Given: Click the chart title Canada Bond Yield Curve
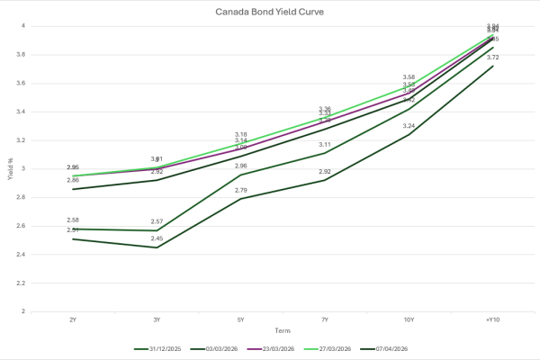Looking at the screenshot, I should pyautogui.click(x=269, y=12).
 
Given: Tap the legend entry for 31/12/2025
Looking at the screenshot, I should pyautogui.click(x=162, y=347).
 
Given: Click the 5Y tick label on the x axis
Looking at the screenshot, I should pyautogui.click(x=241, y=319).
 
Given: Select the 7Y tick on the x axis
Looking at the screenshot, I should pyautogui.click(x=325, y=319).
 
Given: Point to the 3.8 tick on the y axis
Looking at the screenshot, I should pyautogui.click(x=22, y=54).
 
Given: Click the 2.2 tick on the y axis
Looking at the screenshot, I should pyautogui.click(x=22, y=283).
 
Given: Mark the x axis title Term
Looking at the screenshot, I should pyautogui.click(x=283, y=330).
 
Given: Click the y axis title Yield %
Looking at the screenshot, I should pyautogui.click(x=8, y=168).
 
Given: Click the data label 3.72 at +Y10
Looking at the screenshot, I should pyautogui.click(x=491, y=58).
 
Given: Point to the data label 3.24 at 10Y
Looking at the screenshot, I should pyautogui.click(x=408, y=126).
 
